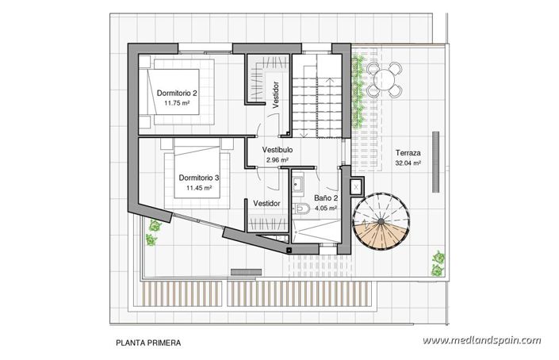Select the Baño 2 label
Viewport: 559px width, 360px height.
click(x=326, y=198)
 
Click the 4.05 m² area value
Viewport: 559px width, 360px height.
click(x=326, y=209)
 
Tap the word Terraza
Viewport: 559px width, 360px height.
click(x=407, y=153)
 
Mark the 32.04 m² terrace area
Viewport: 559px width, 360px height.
click(x=407, y=163)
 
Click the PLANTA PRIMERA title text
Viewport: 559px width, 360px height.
click(x=148, y=343)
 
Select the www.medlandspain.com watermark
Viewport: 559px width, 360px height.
click(x=481, y=341)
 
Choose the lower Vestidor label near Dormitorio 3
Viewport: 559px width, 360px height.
click(x=267, y=204)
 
